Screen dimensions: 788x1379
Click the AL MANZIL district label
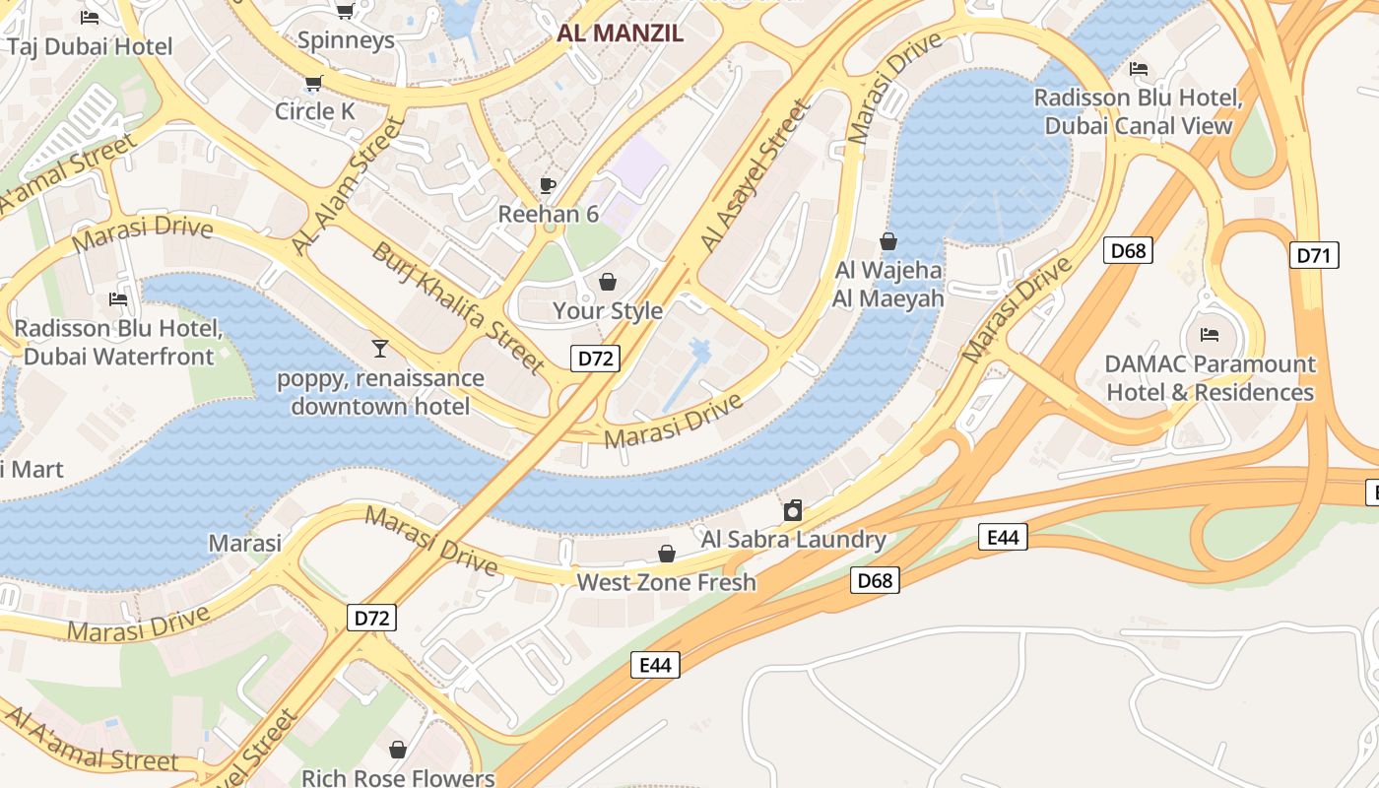pyautogui.click(x=620, y=33)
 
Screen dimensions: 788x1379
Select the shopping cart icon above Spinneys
pyautogui.click(x=345, y=11)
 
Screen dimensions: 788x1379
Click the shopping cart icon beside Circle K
pyautogui.click(x=314, y=84)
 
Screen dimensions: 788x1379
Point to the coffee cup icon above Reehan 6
pyautogui.click(x=548, y=185)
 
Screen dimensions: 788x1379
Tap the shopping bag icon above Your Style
pyautogui.click(x=608, y=283)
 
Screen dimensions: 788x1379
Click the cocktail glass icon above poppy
pyautogui.click(x=380, y=348)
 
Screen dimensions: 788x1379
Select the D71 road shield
pyautogui.click(x=1313, y=256)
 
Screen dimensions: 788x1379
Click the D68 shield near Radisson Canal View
pyautogui.click(x=1128, y=250)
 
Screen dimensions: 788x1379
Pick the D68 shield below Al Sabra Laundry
pyautogui.click(x=875, y=580)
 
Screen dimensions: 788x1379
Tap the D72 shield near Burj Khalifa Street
pyautogui.click(x=595, y=359)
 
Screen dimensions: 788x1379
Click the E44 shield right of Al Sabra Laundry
pyautogui.click(x=1003, y=537)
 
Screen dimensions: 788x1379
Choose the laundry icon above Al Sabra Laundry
pyautogui.click(x=793, y=510)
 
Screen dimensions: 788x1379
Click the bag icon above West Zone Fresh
pyautogui.click(x=667, y=554)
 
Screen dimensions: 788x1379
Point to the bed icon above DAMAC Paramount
pyautogui.click(x=1210, y=335)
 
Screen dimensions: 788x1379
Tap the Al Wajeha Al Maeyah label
pyautogui.click(x=887, y=284)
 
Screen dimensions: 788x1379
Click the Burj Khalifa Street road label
pyautogui.click(x=458, y=307)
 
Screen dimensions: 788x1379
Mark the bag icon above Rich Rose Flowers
pyautogui.click(x=398, y=750)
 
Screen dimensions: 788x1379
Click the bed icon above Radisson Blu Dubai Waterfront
pyautogui.click(x=118, y=298)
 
